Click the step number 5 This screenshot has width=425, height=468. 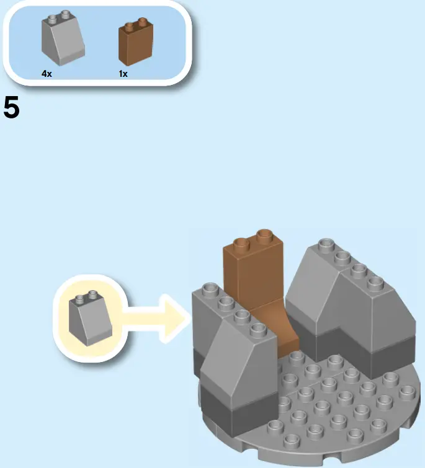tap(12, 108)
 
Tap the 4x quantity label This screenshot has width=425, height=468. tap(47, 74)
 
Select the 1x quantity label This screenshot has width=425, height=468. tap(123, 74)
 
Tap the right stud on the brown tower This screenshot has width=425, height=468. tap(265, 235)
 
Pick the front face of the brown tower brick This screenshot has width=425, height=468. tap(254, 273)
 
